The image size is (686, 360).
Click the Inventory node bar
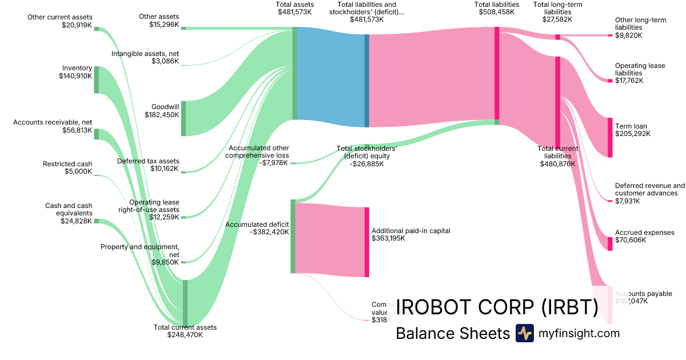(97, 79)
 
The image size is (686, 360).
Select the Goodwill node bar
(184, 118)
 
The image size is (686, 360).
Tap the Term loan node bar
(610, 137)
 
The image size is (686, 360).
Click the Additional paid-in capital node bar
(367, 242)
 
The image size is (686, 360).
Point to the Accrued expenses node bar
(610, 243)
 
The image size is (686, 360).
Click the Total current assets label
(185, 327)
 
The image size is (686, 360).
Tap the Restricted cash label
(67, 164)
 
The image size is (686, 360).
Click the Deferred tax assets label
(148, 161)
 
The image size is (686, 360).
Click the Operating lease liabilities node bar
(610, 81)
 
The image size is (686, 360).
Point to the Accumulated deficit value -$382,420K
(269, 232)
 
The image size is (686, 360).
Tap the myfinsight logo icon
(524, 333)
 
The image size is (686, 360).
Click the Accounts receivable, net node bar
(97, 134)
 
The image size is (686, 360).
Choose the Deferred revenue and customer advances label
(649, 189)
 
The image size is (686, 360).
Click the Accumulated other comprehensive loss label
(257, 151)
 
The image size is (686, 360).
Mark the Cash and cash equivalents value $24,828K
(75, 221)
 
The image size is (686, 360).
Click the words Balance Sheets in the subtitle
(453, 333)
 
